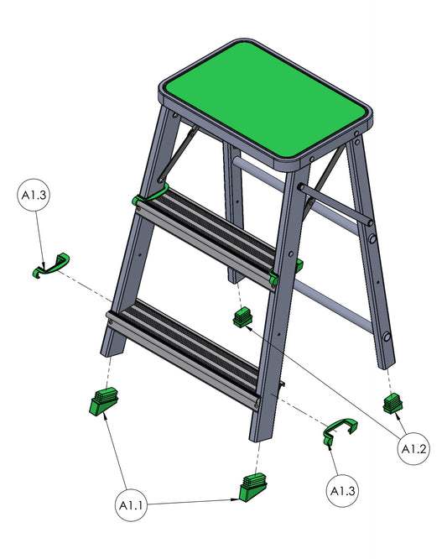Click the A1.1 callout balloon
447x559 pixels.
click(x=132, y=504)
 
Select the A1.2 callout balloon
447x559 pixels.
click(x=413, y=448)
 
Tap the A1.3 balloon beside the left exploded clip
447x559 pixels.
click(x=34, y=195)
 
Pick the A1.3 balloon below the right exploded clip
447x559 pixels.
click(x=342, y=490)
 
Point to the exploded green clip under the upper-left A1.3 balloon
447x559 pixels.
click(x=50, y=265)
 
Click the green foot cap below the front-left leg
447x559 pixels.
click(x=104, y=401)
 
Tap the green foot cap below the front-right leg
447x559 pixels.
click(x=253, y=488)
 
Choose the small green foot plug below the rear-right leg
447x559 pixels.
click(x=392, y=403)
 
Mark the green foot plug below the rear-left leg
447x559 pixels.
click(x=243, y=317)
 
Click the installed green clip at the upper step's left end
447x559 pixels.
click(x=149, y=196)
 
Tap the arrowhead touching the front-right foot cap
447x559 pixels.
click(x=235, y=499)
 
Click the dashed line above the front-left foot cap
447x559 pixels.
click(x=108, y=373)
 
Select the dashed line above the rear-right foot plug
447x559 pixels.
click(x=390, y=381)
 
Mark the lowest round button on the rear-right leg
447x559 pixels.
click(x=387, y=337)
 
